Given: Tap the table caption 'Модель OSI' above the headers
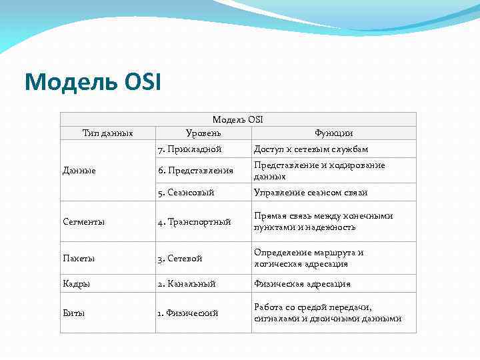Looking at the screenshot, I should [x=237, y=119].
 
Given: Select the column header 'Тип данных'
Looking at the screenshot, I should [x=107, y=133].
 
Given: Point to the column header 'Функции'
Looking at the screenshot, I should [x=334, y=133].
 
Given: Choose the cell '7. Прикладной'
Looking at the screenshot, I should [x=190, y=149].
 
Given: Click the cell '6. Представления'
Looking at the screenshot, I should [x=195, y=171].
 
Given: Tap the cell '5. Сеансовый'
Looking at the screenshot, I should [x=186, y=192].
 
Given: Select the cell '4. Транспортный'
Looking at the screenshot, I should [x=195, y=221].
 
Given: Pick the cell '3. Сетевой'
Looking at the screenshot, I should [x=180, y=258].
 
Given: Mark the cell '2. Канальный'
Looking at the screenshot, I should [x=187, y=283].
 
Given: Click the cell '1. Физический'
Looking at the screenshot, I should [x=188, y=313].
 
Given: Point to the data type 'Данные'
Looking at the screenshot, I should [x=79, y=171].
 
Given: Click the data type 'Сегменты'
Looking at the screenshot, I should [x=83, y=221].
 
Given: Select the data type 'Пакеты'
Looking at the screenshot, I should [x=78, y=258].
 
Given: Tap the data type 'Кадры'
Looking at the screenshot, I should [x=77, y=283].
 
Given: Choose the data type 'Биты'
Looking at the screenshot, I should [x=74, y=313].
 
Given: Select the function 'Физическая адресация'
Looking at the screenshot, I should [x=302, y=283].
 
